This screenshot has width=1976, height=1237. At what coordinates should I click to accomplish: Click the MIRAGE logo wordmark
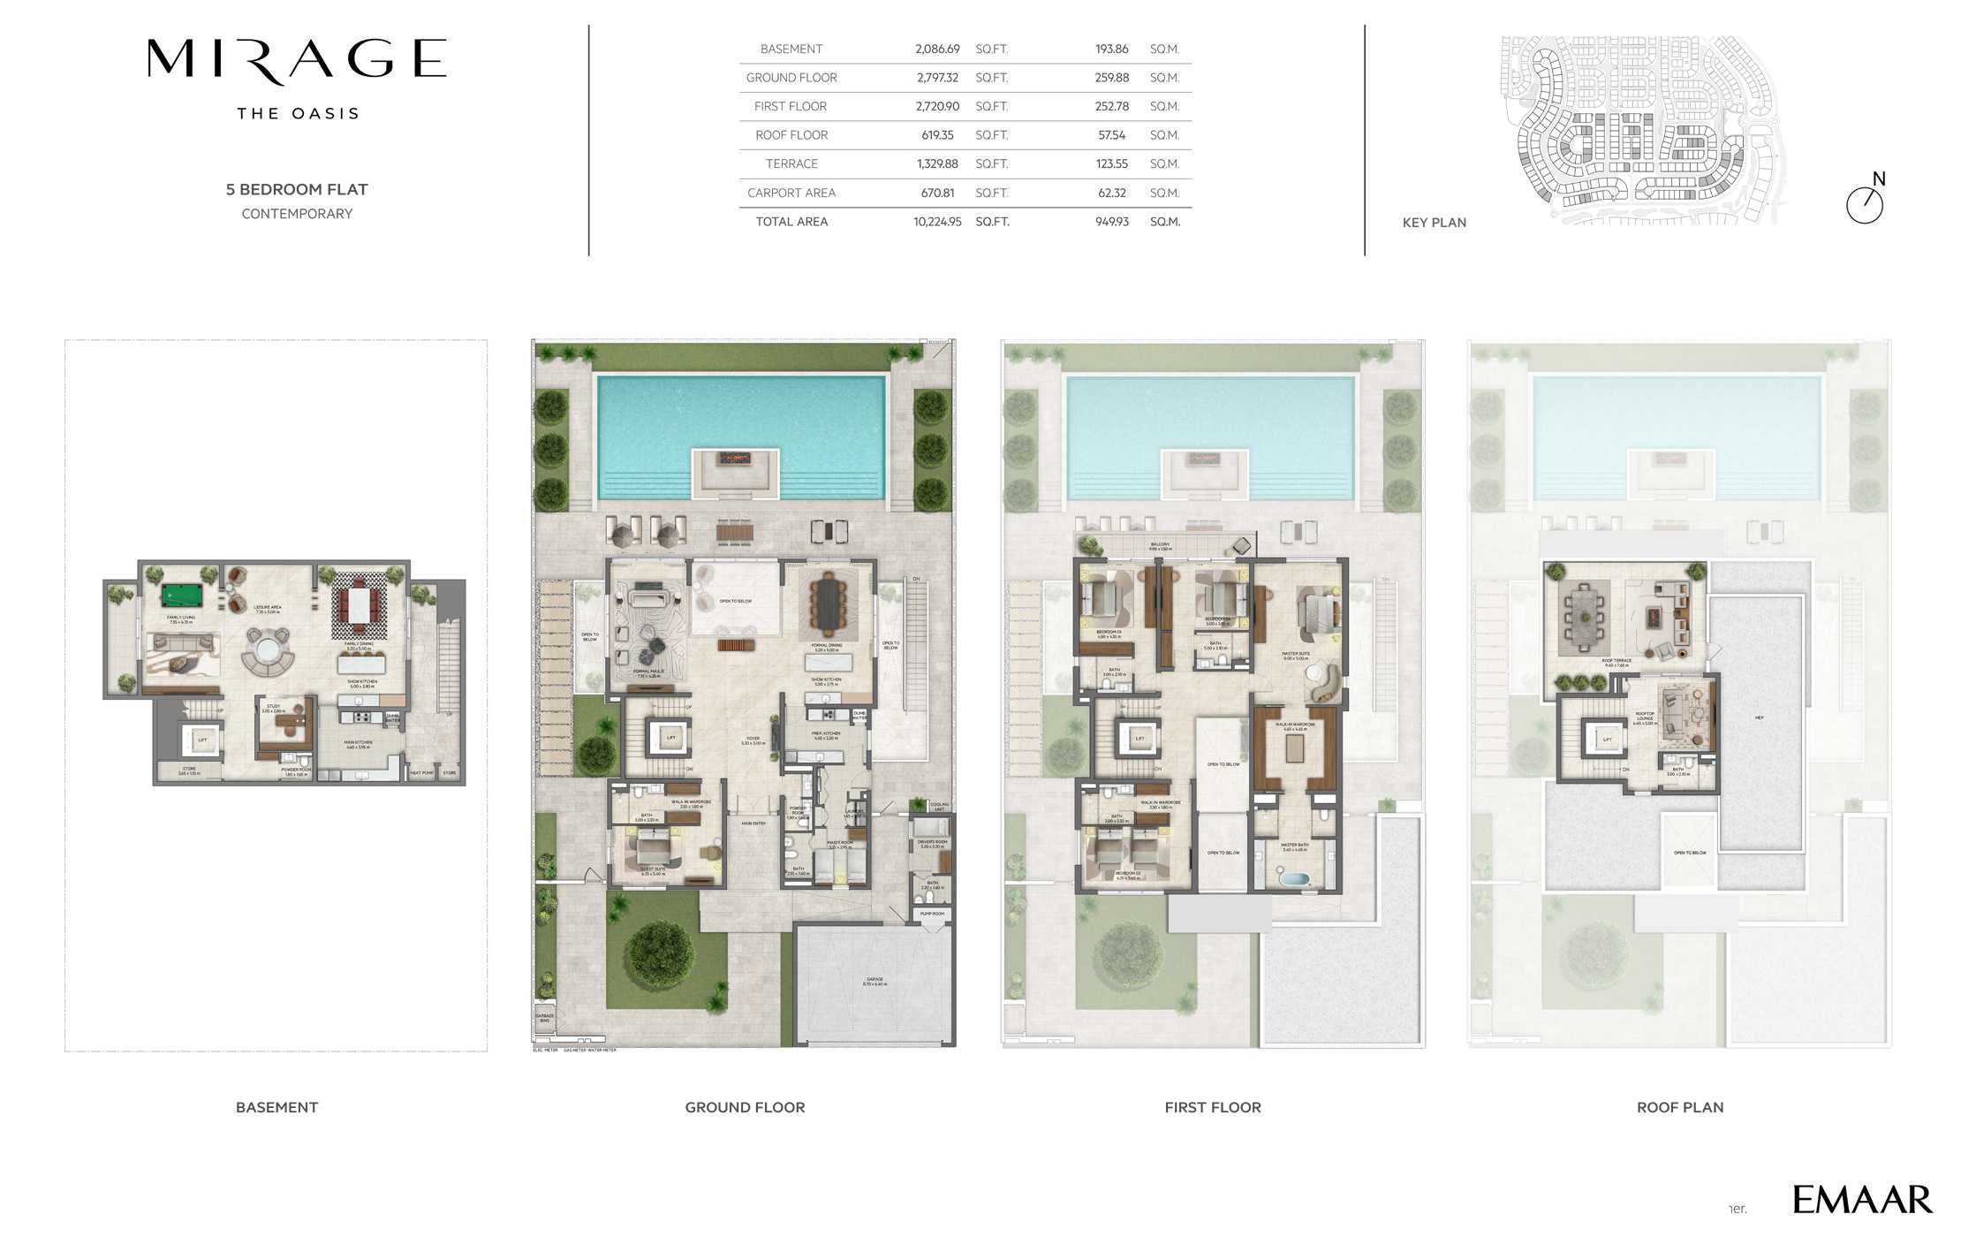click(297, 60)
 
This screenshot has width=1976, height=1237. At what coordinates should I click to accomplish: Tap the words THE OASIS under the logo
click(298, 114)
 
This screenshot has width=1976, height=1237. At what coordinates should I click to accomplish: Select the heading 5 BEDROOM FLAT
click(297, 189)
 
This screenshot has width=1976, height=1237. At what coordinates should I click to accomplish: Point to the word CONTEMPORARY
click(297, 214)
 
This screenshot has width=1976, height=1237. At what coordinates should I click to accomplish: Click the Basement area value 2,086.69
click(937, 49)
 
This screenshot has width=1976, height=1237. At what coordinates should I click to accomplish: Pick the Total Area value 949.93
click(1112, 222)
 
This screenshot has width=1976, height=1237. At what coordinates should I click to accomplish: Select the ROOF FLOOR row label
click(791, 135)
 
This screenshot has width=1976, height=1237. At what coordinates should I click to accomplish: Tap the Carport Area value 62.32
click(1112, 193)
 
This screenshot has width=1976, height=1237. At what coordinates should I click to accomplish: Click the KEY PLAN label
click(1434, 223)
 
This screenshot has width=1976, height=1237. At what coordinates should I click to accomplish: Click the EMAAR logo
click(1862, 1200)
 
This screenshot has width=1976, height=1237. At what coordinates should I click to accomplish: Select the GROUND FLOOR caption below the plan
click(745, 1107)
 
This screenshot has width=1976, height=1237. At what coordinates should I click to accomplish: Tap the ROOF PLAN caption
click(1679, 1107)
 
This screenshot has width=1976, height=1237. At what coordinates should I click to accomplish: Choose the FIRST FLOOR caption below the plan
click(1212, 1107)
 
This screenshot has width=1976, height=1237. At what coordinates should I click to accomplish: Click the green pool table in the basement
click(181, 595)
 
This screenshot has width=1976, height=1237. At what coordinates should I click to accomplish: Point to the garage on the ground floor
click(874, 983)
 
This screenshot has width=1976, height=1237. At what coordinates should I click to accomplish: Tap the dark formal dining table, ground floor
click(828, 603)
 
